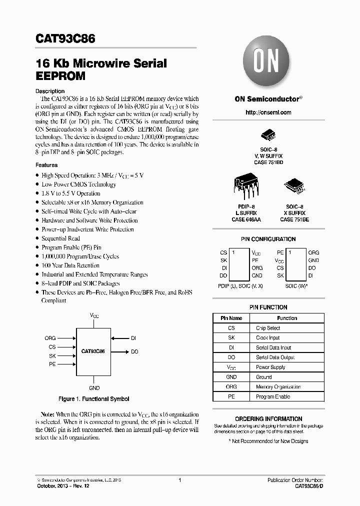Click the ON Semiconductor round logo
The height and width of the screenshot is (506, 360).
(x=267, y=62)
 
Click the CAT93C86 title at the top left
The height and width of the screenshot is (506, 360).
(x=65, y=39)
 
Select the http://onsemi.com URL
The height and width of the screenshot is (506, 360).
(x=268, y=112)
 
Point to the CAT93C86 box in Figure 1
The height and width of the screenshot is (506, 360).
(x=93, y=351)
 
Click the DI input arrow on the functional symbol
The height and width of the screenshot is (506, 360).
(x=119, y=338)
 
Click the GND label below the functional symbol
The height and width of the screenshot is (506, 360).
(x=94, y=388)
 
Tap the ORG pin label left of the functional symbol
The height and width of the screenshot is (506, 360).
(x=50, y=338)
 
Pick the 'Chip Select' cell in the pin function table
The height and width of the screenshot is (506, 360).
(x=268, y=328)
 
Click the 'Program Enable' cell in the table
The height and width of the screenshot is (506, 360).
(x=272, y=396)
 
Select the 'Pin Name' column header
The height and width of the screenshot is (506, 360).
(x=231, y=318)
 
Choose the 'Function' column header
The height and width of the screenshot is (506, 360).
(x=287, y=318)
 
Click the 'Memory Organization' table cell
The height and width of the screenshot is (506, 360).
(x=278, y=386)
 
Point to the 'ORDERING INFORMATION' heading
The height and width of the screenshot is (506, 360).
(x=268, y=419)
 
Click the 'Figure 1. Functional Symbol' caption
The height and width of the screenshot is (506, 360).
(x=93, y=399)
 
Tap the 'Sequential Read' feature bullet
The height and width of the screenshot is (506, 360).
(x=60, y=238)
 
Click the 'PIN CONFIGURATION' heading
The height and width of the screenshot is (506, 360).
(x=268, y=239)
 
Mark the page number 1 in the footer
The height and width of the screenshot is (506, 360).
(x=179, y=480)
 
